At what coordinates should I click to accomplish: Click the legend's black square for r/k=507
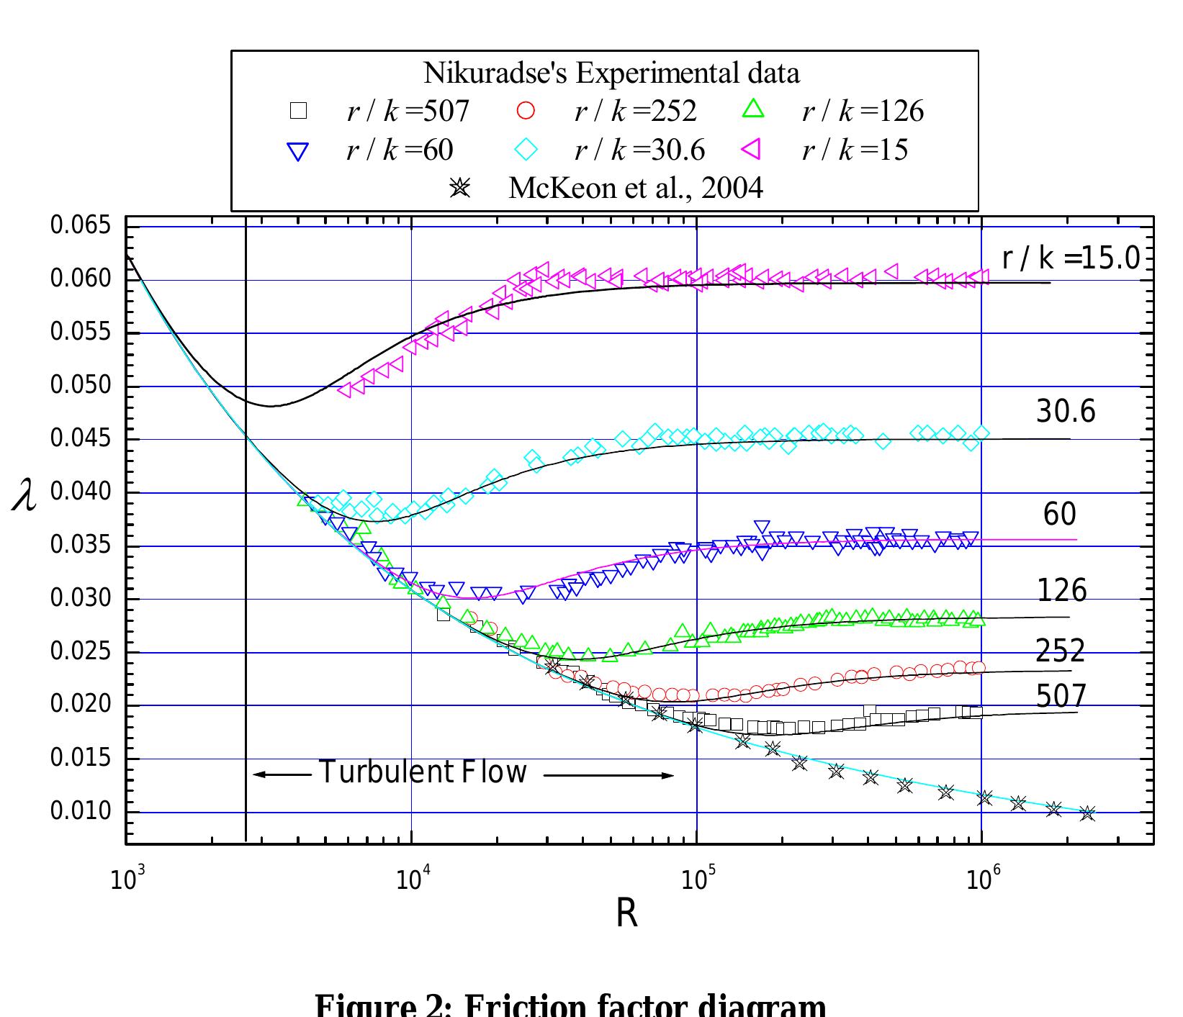[298, 111]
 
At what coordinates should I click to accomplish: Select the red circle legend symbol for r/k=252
[526, 111]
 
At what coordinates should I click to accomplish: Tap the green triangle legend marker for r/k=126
[754, 109]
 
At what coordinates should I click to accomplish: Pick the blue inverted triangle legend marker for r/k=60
[297, 151]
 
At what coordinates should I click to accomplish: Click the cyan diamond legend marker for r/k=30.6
[526, 150]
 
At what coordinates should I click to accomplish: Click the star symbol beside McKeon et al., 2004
[459, 189]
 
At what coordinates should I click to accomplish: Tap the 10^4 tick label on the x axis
[413, 879]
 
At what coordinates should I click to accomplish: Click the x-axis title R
[626, 916]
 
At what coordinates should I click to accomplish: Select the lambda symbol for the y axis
[25, 497]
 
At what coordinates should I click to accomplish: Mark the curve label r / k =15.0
[1071, 258]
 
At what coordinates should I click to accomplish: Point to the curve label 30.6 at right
[1065, 412]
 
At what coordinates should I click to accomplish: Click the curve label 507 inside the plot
[1061, 696]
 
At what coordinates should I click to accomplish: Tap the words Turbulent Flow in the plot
[423, 772]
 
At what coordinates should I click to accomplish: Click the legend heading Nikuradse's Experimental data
[611, 73]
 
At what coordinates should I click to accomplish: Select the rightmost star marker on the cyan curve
[1087, 813]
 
